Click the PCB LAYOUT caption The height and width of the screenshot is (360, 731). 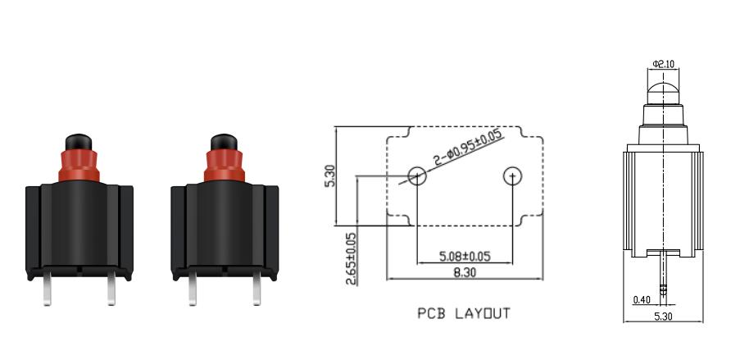464,313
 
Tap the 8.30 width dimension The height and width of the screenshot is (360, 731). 465,273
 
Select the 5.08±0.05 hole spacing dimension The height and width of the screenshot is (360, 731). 465,256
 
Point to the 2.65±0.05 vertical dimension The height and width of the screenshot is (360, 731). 351,258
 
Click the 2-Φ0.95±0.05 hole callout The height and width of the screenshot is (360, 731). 468,148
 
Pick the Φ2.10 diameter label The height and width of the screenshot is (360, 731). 664,64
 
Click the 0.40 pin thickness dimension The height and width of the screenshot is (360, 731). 642,300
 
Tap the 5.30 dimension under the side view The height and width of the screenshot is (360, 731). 664,317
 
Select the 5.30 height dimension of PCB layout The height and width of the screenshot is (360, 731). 329,175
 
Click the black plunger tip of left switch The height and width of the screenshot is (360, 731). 79,142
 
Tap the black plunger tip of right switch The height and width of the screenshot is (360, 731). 224,142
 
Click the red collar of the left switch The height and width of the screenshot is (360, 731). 79,166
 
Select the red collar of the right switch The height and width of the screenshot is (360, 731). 225,166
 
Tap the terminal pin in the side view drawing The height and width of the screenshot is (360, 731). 664,273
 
